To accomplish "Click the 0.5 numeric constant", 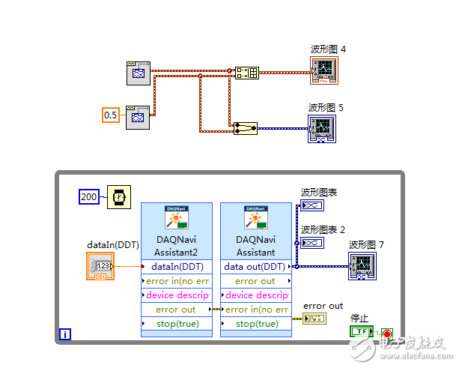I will click(x=111, y=115).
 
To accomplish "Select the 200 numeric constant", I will click(x=89, y=196).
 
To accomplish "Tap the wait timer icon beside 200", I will click(x=118, y=196).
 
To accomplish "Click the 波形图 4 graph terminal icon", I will click(x=324, y=70).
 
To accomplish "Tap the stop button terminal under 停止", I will click(x=362, y=331).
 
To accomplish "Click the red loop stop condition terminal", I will click(x=386, y=331).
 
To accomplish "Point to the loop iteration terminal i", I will click(x=65, y=334).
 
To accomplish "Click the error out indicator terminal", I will click(x=314, y=319).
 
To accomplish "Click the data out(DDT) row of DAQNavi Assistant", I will click(x=255, y=266).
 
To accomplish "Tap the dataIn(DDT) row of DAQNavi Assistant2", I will click(x=176, y=266).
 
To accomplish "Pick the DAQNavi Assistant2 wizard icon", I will click(x=177, y=217).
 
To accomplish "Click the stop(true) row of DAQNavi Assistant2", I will click(x=176, y=323).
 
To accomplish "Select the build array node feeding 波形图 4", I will click(x=246, y=73).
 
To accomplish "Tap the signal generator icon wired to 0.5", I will click(x=139, y=116).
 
